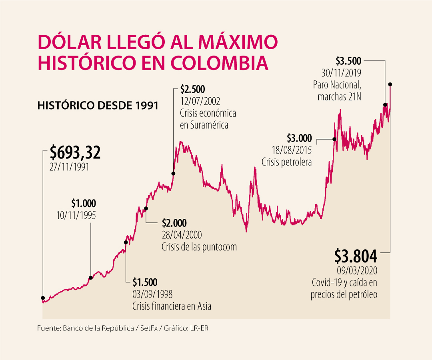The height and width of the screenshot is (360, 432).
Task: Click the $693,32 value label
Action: tap(75, 153)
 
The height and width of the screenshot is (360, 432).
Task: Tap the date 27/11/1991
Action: tap(69, 167)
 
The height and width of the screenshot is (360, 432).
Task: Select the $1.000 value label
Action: tap(84, 203)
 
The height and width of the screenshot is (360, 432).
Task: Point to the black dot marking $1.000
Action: tap(90, 278)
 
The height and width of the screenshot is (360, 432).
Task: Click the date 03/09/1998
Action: tap(152, 294)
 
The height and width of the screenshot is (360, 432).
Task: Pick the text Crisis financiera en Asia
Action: tap(172, 306)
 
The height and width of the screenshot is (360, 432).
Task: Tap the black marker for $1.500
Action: tap(126, 242)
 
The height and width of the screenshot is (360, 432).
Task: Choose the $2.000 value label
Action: tap(174, 223)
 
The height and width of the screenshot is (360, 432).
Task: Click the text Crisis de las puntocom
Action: tap(199, 247)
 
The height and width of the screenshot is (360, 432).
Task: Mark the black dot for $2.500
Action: tap(173, 174)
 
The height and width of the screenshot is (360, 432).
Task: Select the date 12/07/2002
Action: tap(200, 100)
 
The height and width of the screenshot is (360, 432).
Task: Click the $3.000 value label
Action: tap(299, 138)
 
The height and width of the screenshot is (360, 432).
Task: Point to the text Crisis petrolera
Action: tap(286, 162)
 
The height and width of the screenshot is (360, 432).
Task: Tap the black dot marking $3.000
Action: tap(334, 139)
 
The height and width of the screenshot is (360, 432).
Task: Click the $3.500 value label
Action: tap(348, 61)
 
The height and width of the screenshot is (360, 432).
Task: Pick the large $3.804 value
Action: tap(356, 255)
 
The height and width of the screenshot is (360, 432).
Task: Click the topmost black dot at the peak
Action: tap(390, 84)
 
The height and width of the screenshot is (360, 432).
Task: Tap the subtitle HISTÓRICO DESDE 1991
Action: tap(98, 106)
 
